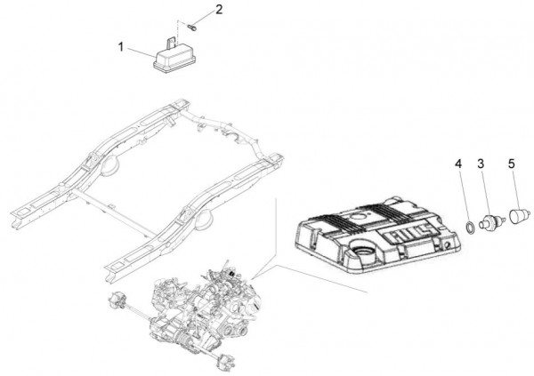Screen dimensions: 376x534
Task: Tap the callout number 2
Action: (219, 12)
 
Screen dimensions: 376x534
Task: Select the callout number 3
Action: (480, 164)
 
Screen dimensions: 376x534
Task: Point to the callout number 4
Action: (458, 164)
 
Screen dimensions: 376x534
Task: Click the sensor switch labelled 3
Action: (487, 220)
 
